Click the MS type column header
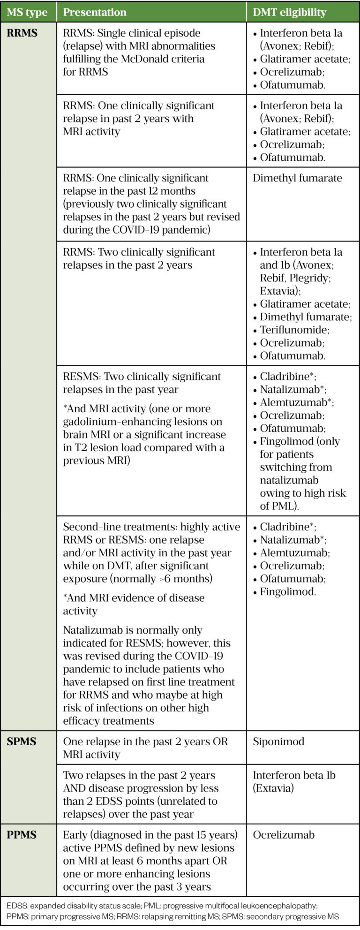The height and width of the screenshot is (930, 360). (x=27, y=12)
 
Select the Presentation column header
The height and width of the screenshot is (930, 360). (x=95, y=12)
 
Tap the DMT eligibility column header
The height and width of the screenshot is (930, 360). (x=289, y=12)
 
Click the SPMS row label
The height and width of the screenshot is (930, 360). (x=22, y=741)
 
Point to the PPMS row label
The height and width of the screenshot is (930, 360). (x=22, y=835)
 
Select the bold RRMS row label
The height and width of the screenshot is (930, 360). (x=22, y=33)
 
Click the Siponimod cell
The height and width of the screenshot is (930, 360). (x=278, y=741)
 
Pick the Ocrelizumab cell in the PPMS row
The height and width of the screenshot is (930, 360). (x=284, y=835)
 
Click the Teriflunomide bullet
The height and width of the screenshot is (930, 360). (x=294, y=330)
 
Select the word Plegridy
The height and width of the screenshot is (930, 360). (x=309, y=278)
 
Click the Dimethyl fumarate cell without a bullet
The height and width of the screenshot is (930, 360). (x=297, y=178)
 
